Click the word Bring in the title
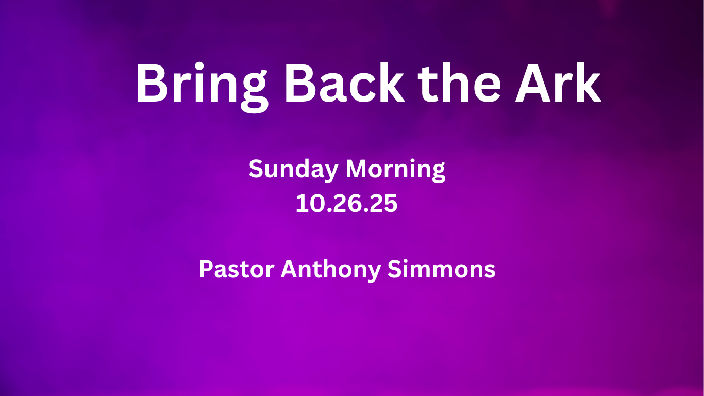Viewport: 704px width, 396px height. pos(202,87)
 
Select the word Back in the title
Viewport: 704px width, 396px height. pos(344,83)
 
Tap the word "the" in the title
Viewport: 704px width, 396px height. pos(459,82)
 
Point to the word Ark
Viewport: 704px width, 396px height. pos(558,82)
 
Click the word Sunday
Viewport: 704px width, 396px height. pos(294,170)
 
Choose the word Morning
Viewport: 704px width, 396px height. pos(395,170)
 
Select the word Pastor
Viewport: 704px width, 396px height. pos(237,269)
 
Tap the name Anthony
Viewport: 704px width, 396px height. pos(331,270)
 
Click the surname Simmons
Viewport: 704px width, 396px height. pos(441,269)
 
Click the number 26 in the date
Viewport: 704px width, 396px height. pos(347,204)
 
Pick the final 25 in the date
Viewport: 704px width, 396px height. pos(383,204)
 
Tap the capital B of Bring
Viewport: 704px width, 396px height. pos(152,83)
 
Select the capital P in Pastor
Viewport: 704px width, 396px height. pos(206,269)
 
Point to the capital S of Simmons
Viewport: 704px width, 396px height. pos(395,269)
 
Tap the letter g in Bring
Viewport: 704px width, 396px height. pos(255,92)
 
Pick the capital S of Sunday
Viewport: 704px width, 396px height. pos(256,169)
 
